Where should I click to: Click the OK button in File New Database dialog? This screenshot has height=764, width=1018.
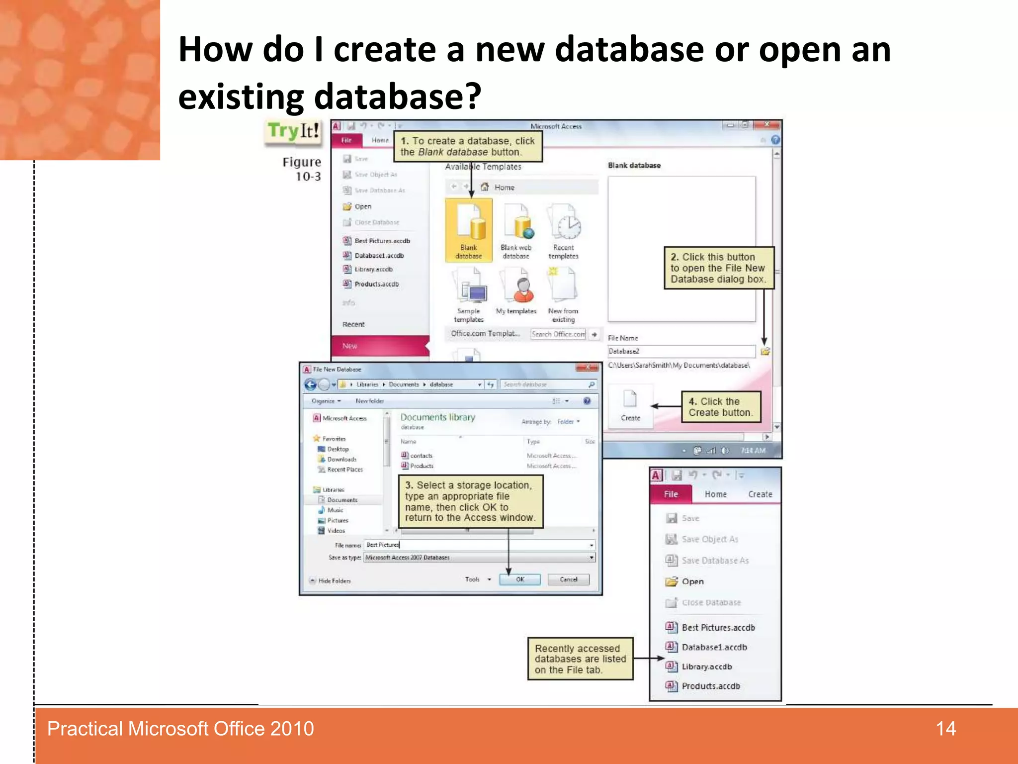click(x=519, y=579)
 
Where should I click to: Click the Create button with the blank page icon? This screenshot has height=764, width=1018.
click(x=630, y=405)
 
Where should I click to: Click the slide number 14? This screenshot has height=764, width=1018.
click(x=945, y=729)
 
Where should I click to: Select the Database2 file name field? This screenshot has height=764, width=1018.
click(x=681, y=351)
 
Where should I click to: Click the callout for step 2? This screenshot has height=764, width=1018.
click(x=719, y=268)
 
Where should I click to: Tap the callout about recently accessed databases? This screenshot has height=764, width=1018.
click(x=580, y=659)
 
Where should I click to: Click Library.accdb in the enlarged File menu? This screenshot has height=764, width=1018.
click(x=706, y=667)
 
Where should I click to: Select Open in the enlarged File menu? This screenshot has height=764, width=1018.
click(x=692, y=581)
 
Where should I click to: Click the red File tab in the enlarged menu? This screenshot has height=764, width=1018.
click(x=671, y=494)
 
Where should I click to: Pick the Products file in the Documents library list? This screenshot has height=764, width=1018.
click(x=422, y=466)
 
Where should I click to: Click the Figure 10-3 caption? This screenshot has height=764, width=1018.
click(x=302, y=169)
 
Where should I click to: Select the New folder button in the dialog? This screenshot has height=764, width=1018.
click(x=369, y=401)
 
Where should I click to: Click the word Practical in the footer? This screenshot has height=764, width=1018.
click(x=85, y=729)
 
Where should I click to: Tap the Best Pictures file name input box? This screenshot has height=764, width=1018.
click(x=477, y=545)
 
